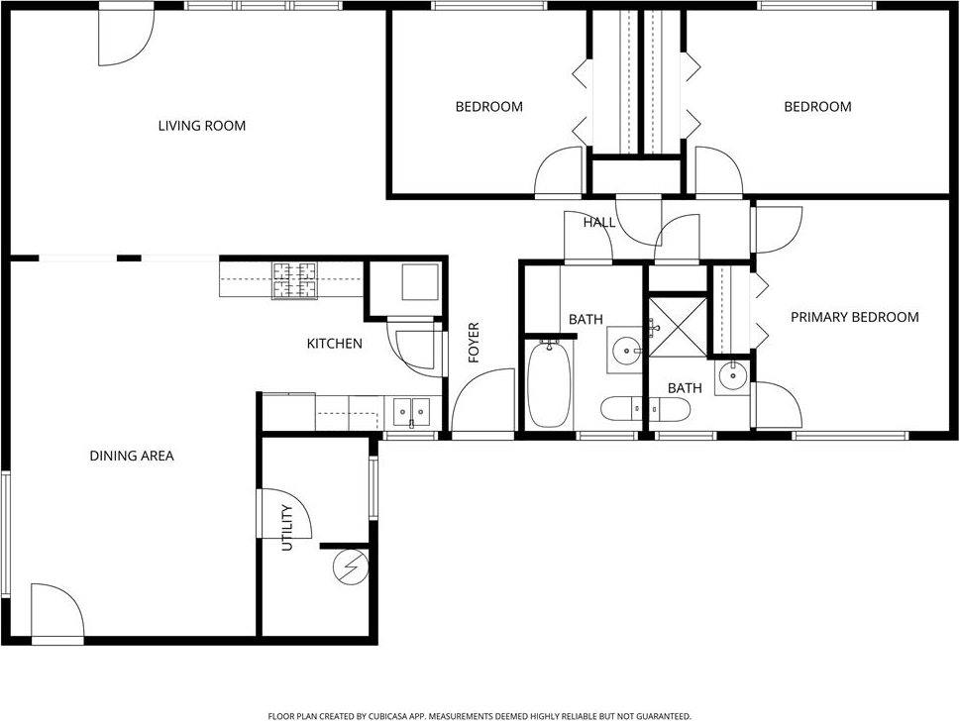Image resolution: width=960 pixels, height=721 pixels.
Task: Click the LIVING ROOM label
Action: [x=202, y=126]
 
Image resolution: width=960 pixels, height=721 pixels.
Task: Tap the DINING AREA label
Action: [x=132, y=457]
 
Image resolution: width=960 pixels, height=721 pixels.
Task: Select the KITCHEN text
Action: [x=334, y=344]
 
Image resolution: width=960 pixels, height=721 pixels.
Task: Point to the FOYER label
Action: [x=474, y=342]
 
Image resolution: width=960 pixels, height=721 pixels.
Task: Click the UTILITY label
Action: [x=287, y=527]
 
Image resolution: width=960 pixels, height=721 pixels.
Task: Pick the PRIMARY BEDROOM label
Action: [x=854, y=317]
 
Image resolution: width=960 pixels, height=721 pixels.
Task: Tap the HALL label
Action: [x=598, y=223]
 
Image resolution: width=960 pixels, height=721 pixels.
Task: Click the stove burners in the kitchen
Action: [x=295, y=280]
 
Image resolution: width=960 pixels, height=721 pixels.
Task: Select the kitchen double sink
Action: [x=410, y=410]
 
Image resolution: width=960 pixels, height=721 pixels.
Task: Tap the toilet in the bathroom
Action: [x=631, y=407]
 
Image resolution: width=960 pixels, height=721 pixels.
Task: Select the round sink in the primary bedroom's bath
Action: [x=732, y=374]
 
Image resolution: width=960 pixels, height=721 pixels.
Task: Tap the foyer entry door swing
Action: [x=485, y=400]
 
